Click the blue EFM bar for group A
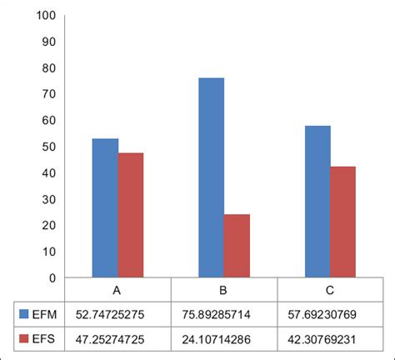point(104,208)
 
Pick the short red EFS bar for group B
point(237,246)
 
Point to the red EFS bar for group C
point(343,222)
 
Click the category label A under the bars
point(117,290)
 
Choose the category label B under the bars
point(223,290)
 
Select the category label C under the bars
point(330,290)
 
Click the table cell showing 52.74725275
point(117,314)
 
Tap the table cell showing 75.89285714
point(223,314)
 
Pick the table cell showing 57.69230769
point(330,314)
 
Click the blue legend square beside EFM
point(24,314)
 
